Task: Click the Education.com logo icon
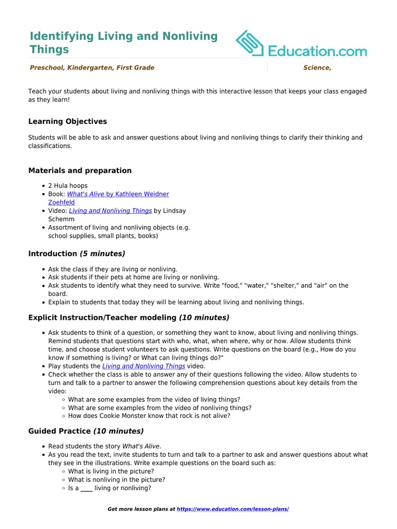point(250,43)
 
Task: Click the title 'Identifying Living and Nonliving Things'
point(124,42)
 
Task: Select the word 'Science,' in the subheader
point(317,68)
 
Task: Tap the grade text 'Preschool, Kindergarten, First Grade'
point(92,68)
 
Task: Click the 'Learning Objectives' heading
point(68,121)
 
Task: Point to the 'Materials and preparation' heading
point(80,170)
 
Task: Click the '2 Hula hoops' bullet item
point(68,185)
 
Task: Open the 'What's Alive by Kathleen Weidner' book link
point(118,194)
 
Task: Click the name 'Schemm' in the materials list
point(62,219)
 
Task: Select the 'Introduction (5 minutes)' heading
point(77,254)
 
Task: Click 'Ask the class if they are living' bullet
point(113,269)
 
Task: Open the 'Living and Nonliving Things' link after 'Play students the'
point(143,366)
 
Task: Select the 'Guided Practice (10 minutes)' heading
point(86,431)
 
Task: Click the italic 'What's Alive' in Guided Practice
point(141,446)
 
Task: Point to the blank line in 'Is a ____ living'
point(86,488)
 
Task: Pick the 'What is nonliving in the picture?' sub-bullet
point(117,479)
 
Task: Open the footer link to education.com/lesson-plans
point(233,509)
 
